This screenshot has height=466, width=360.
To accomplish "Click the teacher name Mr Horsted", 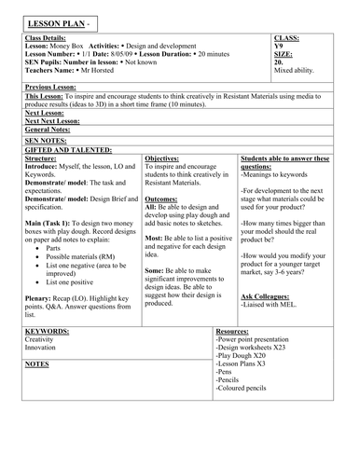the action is [96, 70].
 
